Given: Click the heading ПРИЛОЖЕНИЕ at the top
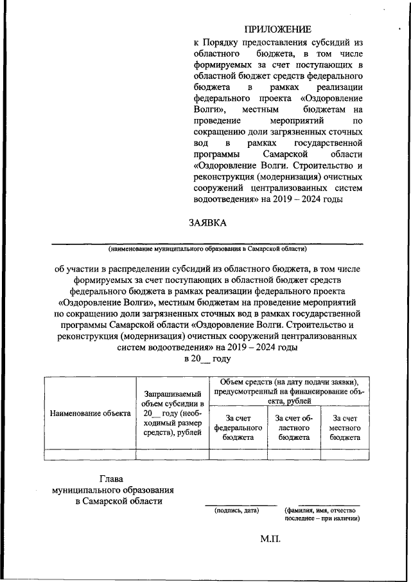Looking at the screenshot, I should click(x=277, y=30).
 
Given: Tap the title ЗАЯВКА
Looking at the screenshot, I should click(x=207, y=223).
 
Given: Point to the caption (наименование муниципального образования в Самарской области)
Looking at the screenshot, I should click(x=207, y=248).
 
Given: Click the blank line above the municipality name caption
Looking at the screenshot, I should click(x=207, y=242).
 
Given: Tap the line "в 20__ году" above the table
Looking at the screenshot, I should click(x=207, y=359).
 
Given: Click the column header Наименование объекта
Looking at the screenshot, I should click(x=90, y=414).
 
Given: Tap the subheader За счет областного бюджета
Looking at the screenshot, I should click(x=294, y=427).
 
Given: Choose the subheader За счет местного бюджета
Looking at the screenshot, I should click(x=345, y=427).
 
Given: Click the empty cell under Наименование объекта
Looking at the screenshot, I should click(x=90, y=454).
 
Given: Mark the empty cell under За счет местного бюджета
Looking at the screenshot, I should click(x=345, y=454).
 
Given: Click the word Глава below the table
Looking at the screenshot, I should click(x=114, y=478).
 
